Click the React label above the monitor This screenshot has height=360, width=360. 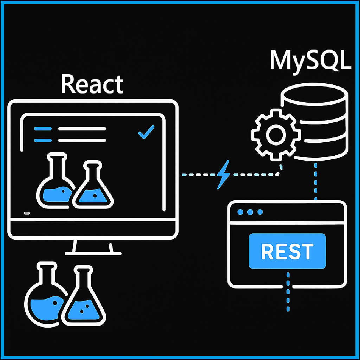coord(92,84)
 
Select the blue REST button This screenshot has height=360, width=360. coord(287,251)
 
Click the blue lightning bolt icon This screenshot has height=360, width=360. coord(224,174)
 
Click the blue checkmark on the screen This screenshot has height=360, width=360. coord(146,132)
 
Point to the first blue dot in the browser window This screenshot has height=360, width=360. coord(240,212)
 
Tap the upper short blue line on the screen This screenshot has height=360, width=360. coord(43,129)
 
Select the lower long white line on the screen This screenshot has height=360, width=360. coord(82,141)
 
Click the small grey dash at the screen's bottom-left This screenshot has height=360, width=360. coord(26,213)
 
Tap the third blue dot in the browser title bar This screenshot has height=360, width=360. coord(260,212)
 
